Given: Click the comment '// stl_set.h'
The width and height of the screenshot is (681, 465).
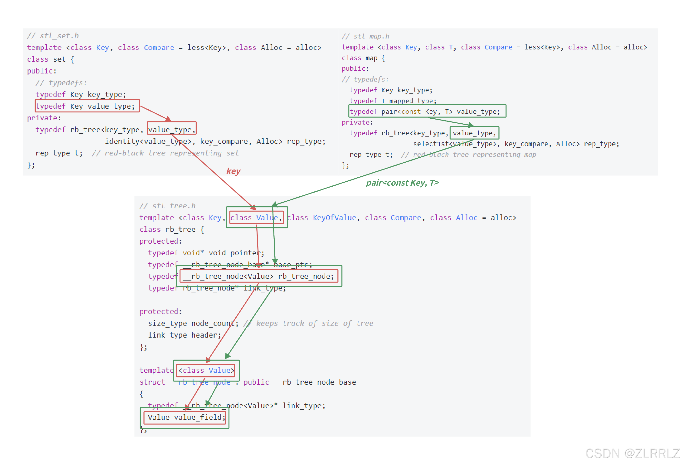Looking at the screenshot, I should pos(53,36).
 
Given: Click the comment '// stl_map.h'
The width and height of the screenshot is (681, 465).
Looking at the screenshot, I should pos(365,36).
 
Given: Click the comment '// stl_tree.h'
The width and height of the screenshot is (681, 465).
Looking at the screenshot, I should pos(167,206).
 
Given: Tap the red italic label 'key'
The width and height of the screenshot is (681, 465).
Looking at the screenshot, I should pos(233,171).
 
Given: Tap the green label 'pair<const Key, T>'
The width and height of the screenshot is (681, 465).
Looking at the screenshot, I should pos(402,183).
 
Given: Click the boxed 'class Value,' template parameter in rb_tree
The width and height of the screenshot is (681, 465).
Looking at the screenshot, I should pos(256,218).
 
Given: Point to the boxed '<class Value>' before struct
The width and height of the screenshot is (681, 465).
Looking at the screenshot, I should pos(206,370).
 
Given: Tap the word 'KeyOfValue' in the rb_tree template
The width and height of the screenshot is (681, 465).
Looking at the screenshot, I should pos(334,218).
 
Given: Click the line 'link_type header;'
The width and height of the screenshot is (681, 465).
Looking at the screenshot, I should pos(184,335).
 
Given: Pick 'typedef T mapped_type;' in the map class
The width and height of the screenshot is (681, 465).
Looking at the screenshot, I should pos(393,101).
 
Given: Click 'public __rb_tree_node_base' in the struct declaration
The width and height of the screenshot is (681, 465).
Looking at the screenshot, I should pos(299,382).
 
